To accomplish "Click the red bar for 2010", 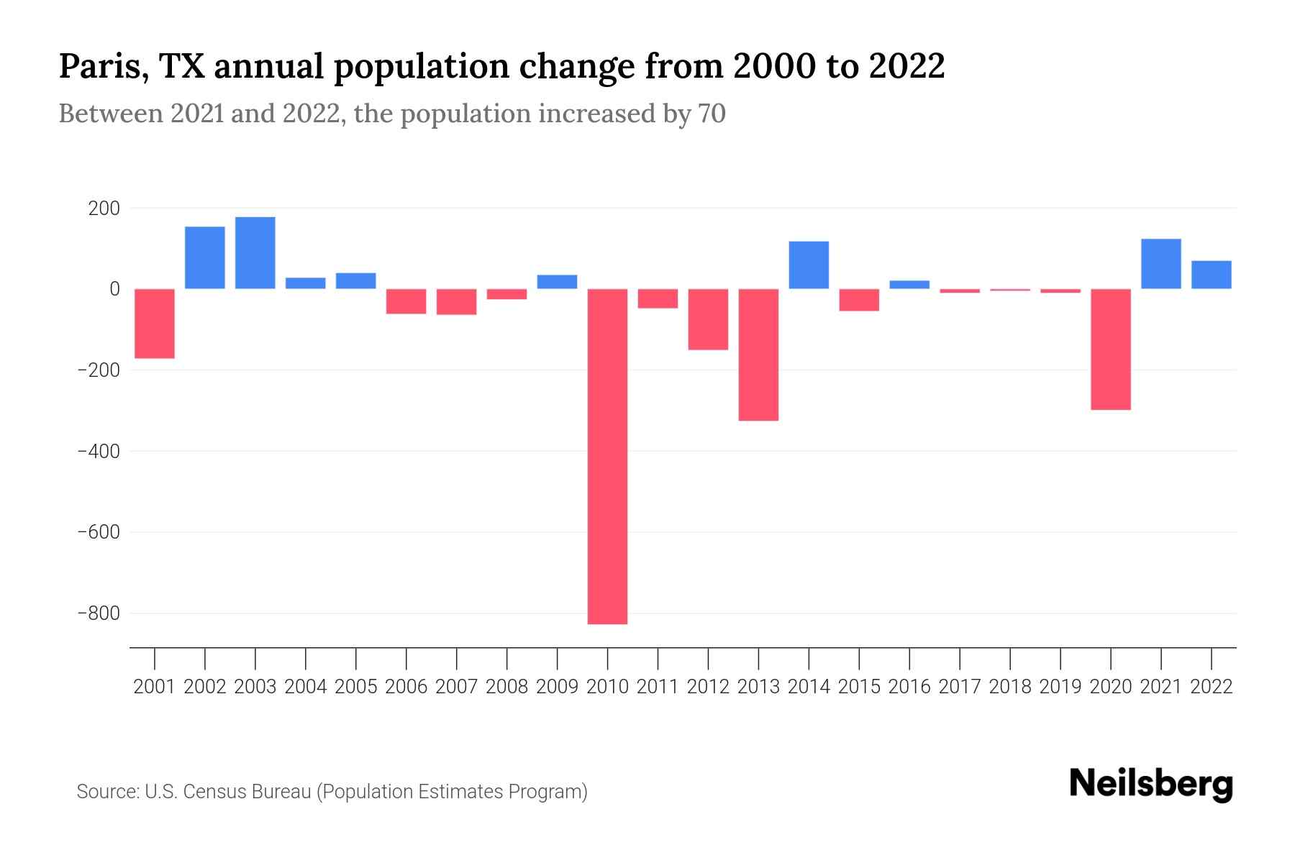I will (x=607, y=456).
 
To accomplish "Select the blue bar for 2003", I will (x=255, y=252).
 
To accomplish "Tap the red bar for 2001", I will (x=155, y=323).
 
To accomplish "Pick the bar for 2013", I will (x=758, y=355).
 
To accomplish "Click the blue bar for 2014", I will (x=809, y=265).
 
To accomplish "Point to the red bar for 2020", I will (x=1110, y=349).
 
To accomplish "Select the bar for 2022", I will (x=1211, y=275).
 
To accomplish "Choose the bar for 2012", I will (x=708, y=319).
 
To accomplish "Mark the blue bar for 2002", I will (x=205, y=257).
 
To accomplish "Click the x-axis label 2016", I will (x=909, y=687).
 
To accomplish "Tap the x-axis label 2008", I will (x=506, y=687).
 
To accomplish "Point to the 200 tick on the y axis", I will (x=104, y=209).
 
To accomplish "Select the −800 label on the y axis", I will (x=98, y=613).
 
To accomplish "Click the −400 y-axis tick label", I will (x=98, y=452).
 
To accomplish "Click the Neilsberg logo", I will (x=1150, y=784).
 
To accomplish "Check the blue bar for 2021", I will (x=1160, y=263).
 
